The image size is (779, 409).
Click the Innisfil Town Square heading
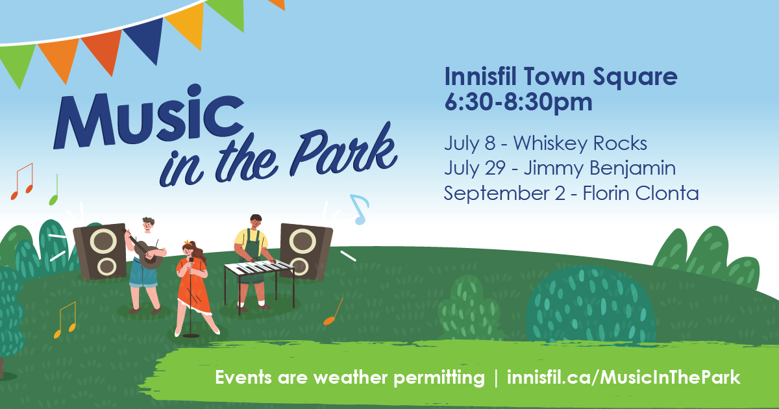(x=561, y=77)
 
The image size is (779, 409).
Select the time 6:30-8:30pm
(x=518, y=102)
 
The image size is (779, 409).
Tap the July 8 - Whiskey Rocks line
(x=545, y=143)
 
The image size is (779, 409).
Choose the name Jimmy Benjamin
(x=600, y=169)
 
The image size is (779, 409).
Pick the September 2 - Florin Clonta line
(x=571, y=193)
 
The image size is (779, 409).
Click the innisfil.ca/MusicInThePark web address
(x=624, y=377)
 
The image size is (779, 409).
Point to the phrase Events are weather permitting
(x=350, y=378)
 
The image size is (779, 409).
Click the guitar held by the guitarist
(x=146, y=251)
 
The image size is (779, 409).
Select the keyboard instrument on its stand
(x=259, y=282)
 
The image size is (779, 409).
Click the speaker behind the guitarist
(x=100, y=252)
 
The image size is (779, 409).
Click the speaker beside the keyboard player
(x=305, y=251)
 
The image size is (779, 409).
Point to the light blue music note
(x=359, y=209)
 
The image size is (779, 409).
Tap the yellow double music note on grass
(x=65, y=320)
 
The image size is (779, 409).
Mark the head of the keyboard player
(x=256, y=221)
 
